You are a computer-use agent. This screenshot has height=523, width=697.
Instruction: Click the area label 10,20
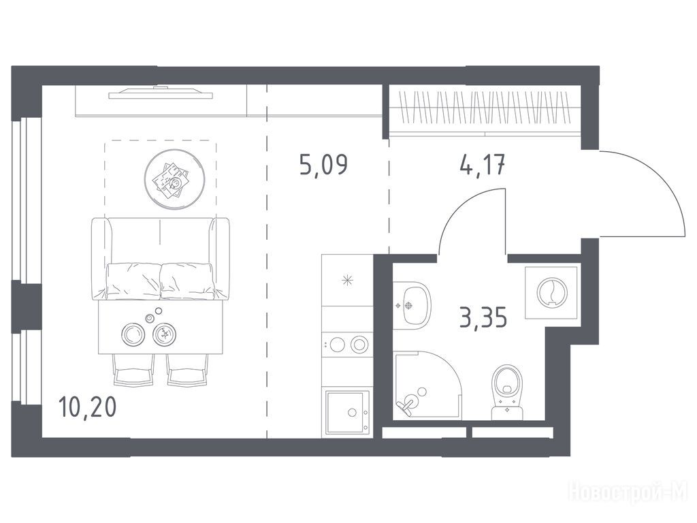pyautogui.click(x=87, y=407)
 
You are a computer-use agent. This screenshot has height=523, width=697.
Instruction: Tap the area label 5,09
pyautogui.click(x=323, y=165)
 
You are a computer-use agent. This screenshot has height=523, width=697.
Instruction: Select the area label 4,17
pyautogui.click(x=483, y=165)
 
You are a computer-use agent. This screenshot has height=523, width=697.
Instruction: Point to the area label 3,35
pyautogui.click(x=483, y=317)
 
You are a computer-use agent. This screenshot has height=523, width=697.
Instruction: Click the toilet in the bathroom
pyautogui.click(x=506, y=392)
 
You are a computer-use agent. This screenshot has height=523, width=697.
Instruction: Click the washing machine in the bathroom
pyautogui.click(x=551, y=293)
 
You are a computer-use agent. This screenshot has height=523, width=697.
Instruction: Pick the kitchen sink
pyautogui.click(x=347, y=412)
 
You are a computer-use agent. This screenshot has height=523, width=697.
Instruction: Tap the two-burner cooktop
pyautogui.click(x=347, y=344)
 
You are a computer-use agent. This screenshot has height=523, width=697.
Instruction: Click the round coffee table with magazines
pyautogui.click(x=174, y=179)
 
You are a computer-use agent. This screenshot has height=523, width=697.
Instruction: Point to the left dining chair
pyautogui.click(x=131, y=369)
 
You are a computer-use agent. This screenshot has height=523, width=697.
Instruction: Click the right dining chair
pyautogui.click(x=187, y=369)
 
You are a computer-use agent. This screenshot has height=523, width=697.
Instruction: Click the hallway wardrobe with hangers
pyautogui.click(x=485, y=108)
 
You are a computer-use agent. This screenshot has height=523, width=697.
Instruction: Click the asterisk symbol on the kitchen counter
pyautogui.click(x=347, y=280)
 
